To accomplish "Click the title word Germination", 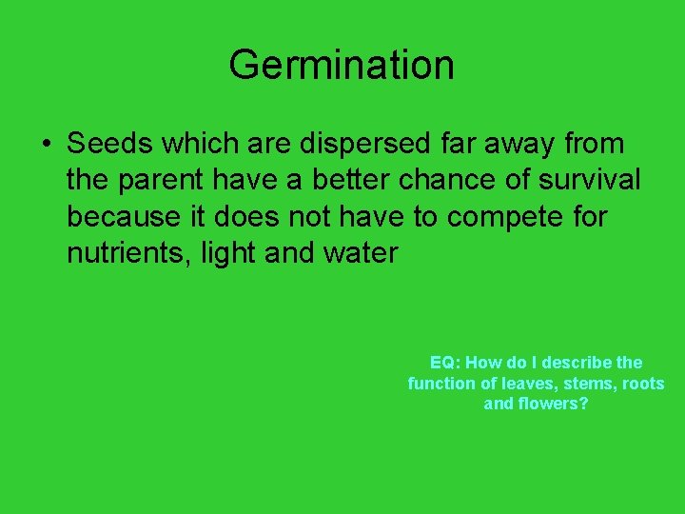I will (x=342, y=65).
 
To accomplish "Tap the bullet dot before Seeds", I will (x=46, y=146).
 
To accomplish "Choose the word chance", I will (x=440, y=180).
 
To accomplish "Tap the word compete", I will (x=505, y=218).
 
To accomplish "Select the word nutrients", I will (x=127, y=254).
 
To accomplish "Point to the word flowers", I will (x=553, y=404).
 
